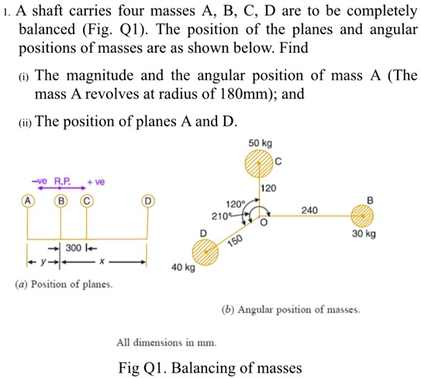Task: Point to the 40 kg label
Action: (183, 270)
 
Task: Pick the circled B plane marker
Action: (60, 200)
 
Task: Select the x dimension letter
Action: (113, 261)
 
